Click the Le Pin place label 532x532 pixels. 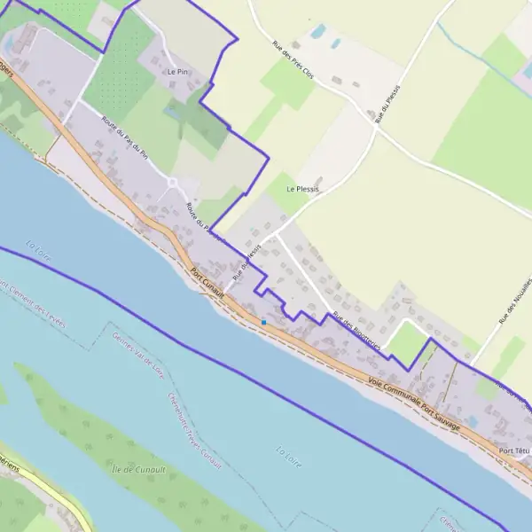177,71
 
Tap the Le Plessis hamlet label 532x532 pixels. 302,189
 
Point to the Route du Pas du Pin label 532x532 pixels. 123,137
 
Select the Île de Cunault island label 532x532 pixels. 140,468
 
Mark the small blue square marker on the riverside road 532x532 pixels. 263,321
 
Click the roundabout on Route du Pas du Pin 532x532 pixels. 173,184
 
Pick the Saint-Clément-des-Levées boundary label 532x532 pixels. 35,304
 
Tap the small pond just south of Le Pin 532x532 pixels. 170,113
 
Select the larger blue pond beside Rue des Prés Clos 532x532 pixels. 317,33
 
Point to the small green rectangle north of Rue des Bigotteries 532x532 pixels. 405,341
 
